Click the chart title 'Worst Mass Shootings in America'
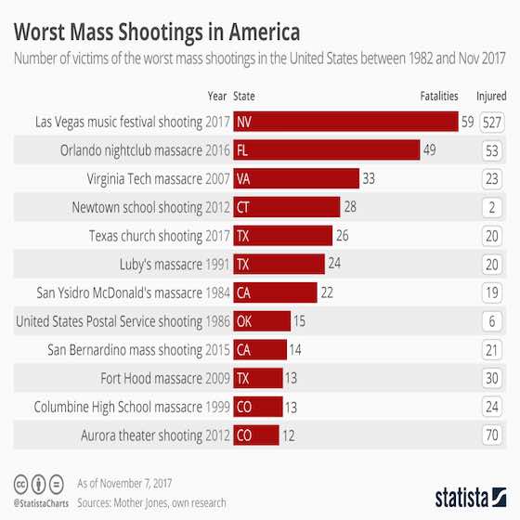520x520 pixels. click(156, 32)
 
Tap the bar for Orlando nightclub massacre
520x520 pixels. click(326, 150)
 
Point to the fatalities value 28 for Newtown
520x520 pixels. click(351, 207)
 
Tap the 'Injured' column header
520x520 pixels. click(491, 96)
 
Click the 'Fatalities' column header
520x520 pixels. click(439, 96)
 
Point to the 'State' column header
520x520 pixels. click(245, 96)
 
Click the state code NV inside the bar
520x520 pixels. click(244, 122)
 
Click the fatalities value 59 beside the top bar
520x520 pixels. click(467, 122)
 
